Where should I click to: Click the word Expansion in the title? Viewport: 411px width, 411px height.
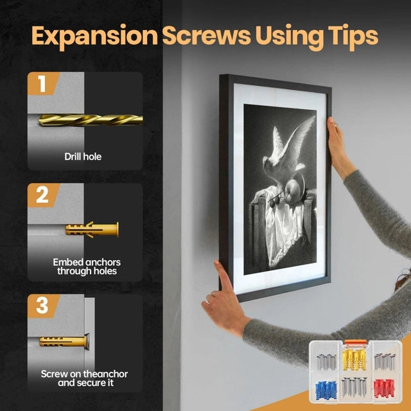[x=94, y=37]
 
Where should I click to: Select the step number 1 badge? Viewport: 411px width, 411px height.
[x=43, y=83]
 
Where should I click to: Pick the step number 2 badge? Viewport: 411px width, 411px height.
[x=43, y=195]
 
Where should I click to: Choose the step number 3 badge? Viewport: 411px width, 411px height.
[x=43, y=306]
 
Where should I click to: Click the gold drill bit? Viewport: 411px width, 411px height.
[x=91, y=120]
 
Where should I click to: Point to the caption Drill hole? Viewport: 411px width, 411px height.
[x=83, y=157]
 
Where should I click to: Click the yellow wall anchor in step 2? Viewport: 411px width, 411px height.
[x=92, y=230]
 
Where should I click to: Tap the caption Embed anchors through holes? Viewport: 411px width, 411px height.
[x=87, y=267]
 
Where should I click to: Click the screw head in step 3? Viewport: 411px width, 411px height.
[x=87, y=342]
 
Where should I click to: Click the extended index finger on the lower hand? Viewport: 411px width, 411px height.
[x=222, y=275]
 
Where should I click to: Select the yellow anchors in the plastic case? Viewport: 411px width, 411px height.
[x=354, y=359]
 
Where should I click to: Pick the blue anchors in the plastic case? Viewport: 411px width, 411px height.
[x=326, y=390]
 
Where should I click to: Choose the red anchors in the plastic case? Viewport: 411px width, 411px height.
[x=384, y=388]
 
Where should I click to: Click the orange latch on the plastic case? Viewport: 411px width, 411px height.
[x=355, y=342]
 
